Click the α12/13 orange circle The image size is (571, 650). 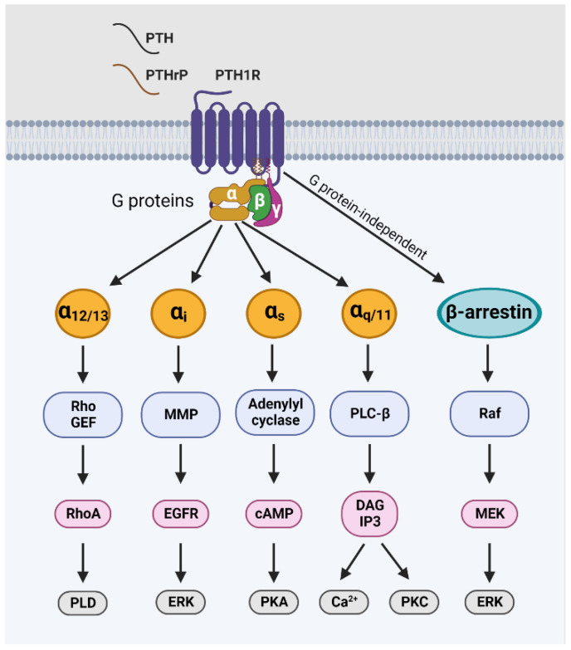[x=82, y=315]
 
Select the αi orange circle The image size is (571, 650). [x=177, y=315]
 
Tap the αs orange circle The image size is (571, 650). [x=271, y=315]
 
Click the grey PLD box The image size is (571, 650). [x=82, y=601]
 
